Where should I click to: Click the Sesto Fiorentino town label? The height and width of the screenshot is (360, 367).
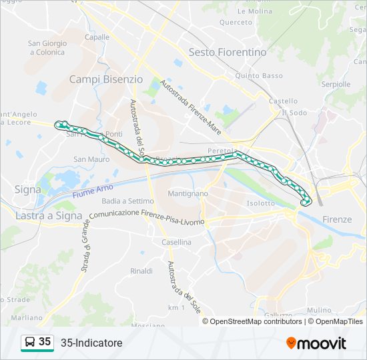pyautogui.click(x=227, y=52)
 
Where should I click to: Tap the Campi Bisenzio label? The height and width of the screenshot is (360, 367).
pyautogui.click(x=106, y=79)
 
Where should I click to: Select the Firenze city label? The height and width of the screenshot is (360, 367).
pyautogui.click(x=336, y=219)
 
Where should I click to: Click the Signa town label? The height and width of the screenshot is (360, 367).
pyautogui.click(x=27, y=189)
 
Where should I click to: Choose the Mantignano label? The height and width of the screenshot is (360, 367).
pyautogui.click(x=188, y=193)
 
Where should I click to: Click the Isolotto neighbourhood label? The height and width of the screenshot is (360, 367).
pyautogui.click(x=260, y=203)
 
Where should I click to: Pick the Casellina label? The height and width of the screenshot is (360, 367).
pyautogui.click(x=176, y=243)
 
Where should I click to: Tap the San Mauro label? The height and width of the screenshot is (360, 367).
pyautogui.click(x=91, y=159)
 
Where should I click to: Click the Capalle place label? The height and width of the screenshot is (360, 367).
pyautogui.click(x=97, y=37)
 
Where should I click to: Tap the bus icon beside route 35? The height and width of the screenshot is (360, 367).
pyautogui.click(x=29, y=343)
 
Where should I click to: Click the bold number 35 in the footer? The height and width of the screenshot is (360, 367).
pyautogui.click(x=45, y=342)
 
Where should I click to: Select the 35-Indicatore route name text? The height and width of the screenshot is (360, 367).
pyautogui.click(x=91, y=343)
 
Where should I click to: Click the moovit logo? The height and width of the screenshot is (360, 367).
pyautogui.click(x=316, y=343)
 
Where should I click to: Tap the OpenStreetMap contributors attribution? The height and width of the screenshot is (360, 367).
pyautogui.click(x=256, y=321)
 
